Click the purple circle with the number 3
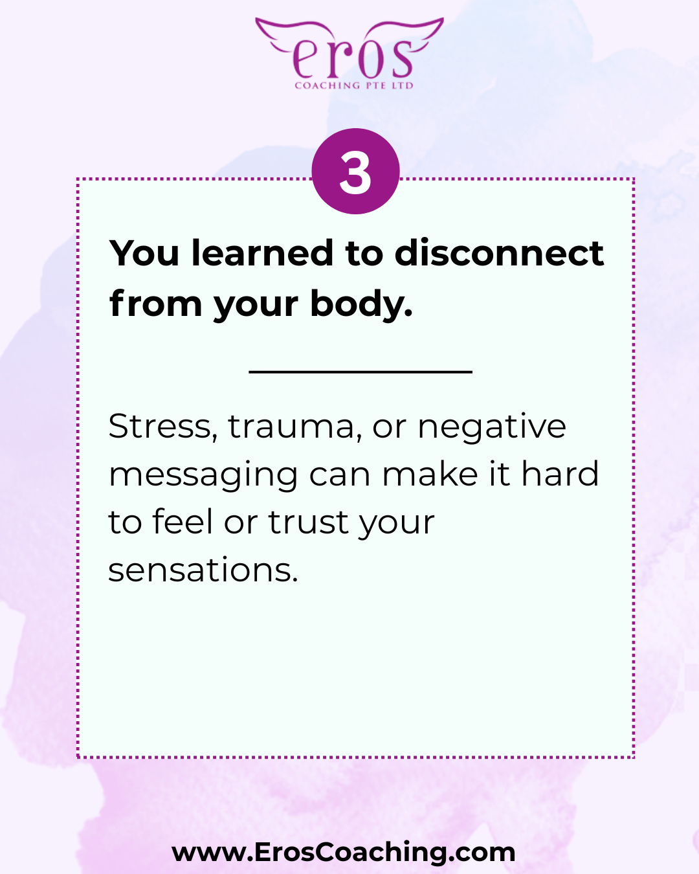[x=355, y=172]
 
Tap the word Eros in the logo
[x=353, y=58]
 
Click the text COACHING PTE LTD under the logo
[x=354, y=85]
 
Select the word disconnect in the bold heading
[x=499, y=253]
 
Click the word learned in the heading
[x=262, y=253]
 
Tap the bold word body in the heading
[x=361, y=304]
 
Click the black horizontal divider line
[x=361, y=372]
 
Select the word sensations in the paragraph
[x=203, y=570]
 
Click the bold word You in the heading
[x=144, y=253]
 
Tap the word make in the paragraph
[x=430, y=473]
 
